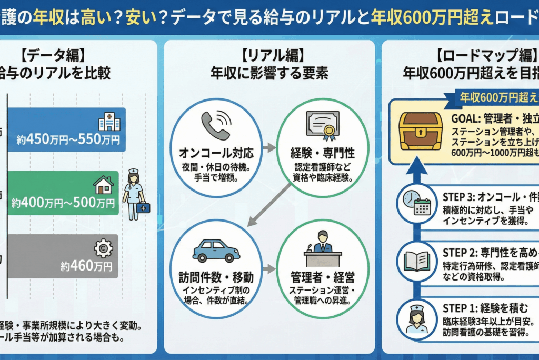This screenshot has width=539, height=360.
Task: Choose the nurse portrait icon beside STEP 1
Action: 416,319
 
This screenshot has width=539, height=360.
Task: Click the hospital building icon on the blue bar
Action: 108,122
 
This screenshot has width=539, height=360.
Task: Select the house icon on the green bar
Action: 103,185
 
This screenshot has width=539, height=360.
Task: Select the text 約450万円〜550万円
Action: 68,140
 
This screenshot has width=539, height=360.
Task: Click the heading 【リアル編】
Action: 269,55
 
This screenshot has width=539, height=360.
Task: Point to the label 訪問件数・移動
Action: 216,276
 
